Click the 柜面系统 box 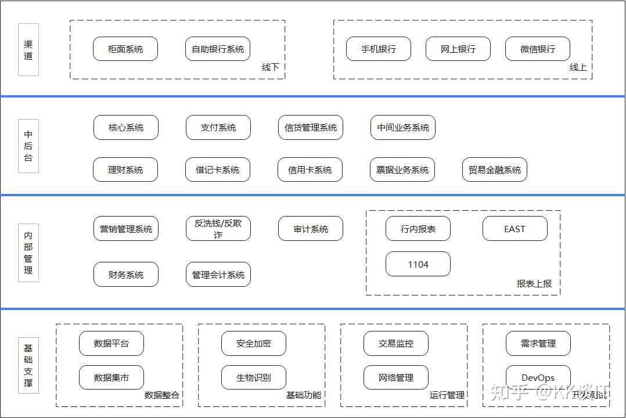(125, 49)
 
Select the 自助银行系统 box (218, 49)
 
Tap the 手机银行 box (379, 49)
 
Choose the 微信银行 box (538, 49)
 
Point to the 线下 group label (271, 67)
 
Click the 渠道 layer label (28, 50)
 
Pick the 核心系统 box (126, 128)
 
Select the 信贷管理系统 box (311, 128)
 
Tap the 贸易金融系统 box (495, 170)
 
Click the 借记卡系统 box (218, 170)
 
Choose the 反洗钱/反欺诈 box (218, 229)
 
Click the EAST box (515, 229)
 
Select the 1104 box (418, 264)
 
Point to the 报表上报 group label (534, 284)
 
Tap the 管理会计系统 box (218, 275)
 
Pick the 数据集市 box (111, 378)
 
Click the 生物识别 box (254, 378)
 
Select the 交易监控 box (396, 344)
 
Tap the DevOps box (538, 378)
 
